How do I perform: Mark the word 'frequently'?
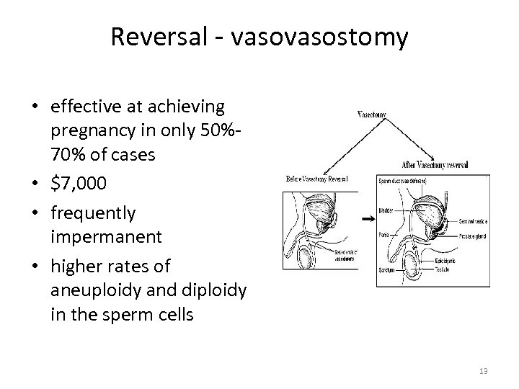(93, 213)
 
